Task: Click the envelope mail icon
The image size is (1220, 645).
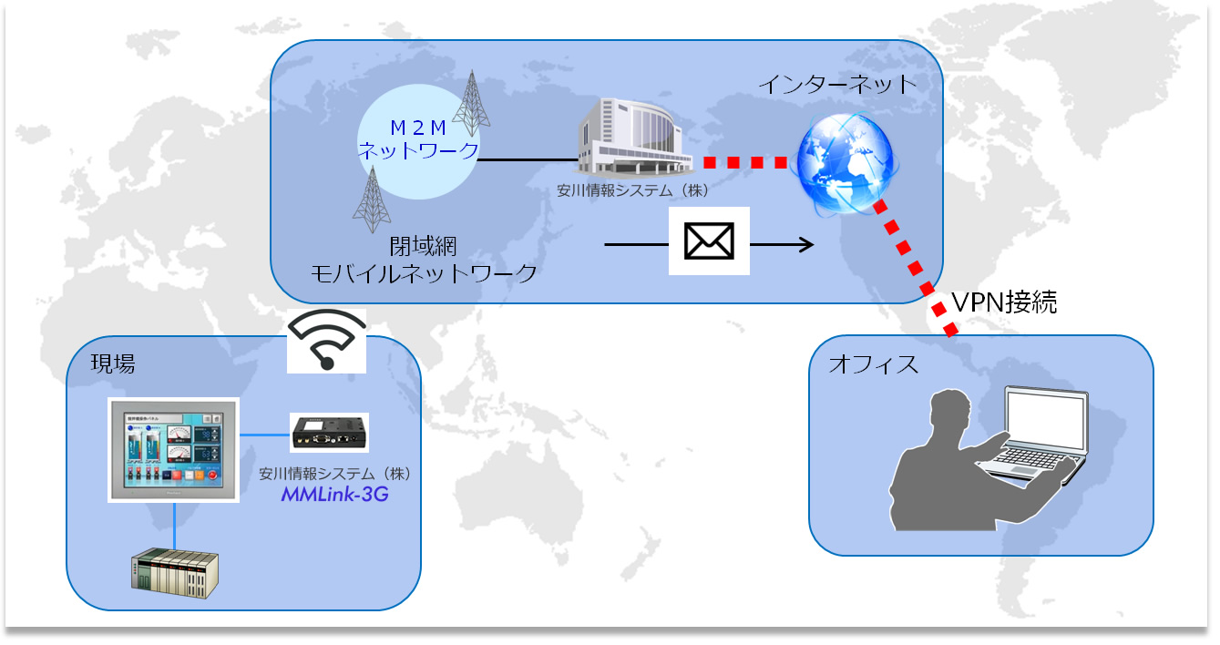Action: (709, 241)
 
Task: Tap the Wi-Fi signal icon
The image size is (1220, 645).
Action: (326, 340)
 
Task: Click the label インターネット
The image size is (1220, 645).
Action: (837, 85)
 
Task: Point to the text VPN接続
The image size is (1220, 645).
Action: (1003, 302)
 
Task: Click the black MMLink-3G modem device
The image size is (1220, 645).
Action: (330, 433)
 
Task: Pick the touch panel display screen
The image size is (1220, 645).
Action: (173, 448)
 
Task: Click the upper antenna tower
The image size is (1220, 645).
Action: (471, 99)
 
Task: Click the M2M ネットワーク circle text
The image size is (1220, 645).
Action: (418, 139)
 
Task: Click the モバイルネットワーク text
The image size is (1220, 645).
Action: (425, 273)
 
